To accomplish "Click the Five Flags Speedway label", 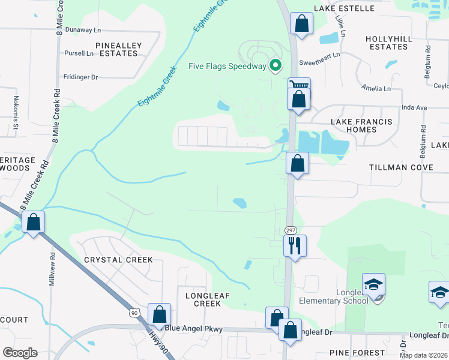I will pos(227,66).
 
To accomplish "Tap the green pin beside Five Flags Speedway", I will pos(276,65).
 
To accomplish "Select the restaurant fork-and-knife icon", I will pos(295,245).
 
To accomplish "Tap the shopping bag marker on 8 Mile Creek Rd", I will pos(34,222).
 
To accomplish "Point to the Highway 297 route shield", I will pos(291,230).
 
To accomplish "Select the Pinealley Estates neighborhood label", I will pos(116,49).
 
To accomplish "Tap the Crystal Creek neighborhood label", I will pos(118,260).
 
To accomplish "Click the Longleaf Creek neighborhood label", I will pos(203,299).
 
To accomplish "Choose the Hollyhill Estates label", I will pos(389,43).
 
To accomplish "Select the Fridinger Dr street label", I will pos(81,77).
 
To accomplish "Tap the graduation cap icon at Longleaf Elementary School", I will pos(373,284).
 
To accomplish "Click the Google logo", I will pos(20,353).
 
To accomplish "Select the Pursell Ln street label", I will pos(79,53).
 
